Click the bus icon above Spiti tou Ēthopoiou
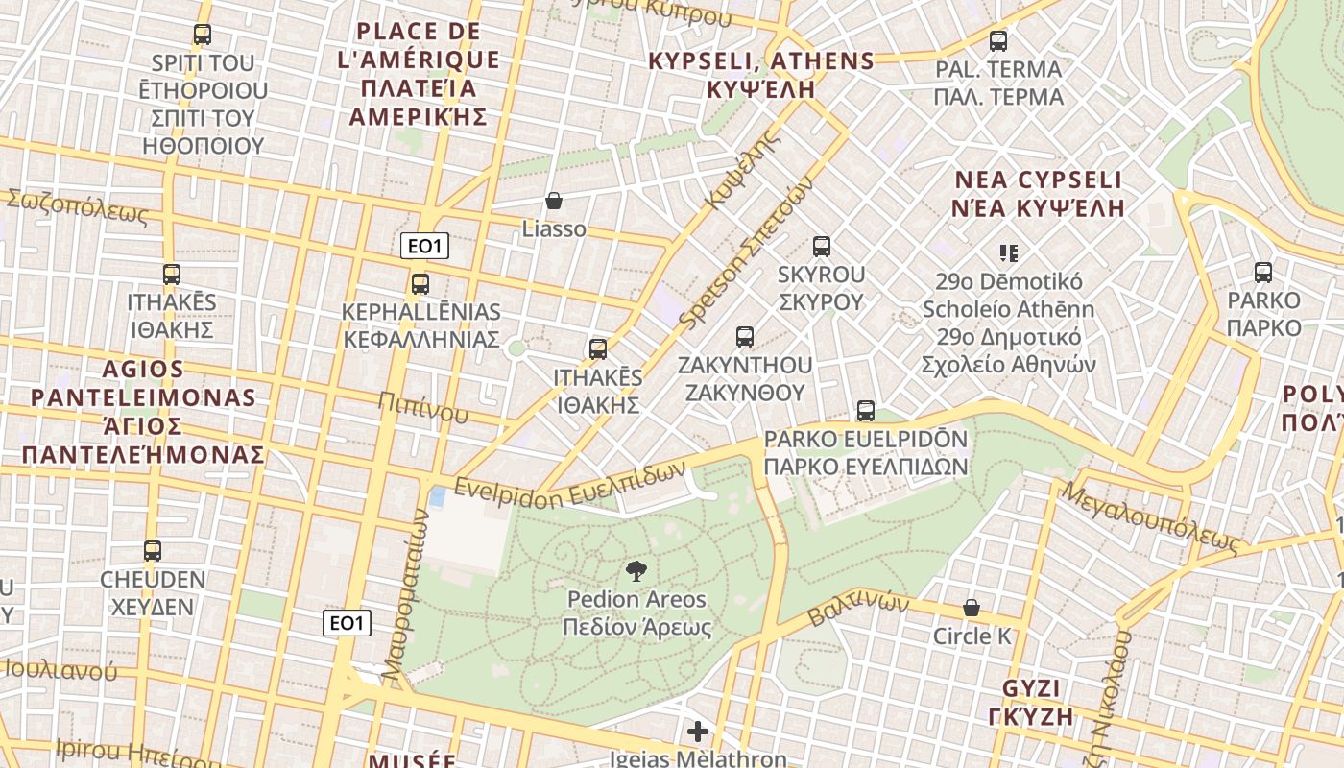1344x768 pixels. pos(202,35)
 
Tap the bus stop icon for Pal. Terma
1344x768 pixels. pos(998,41)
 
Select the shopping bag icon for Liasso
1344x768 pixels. pos(554,201)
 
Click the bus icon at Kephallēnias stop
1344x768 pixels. pos(420,284)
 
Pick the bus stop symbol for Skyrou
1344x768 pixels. pos(822,247)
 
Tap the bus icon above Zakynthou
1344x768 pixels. pos(745,337)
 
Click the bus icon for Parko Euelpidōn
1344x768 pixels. pos(866,411)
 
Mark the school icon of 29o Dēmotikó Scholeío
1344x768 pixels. pos(1008,253)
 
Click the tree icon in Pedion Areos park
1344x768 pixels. pos(636,572)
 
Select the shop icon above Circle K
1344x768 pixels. pos(972,608)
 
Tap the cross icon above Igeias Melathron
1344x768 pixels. pos(698,732)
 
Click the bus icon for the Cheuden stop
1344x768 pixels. pos(153,551)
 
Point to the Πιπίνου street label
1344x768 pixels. pos(423,407)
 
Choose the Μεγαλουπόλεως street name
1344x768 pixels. pos(1152,518)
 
